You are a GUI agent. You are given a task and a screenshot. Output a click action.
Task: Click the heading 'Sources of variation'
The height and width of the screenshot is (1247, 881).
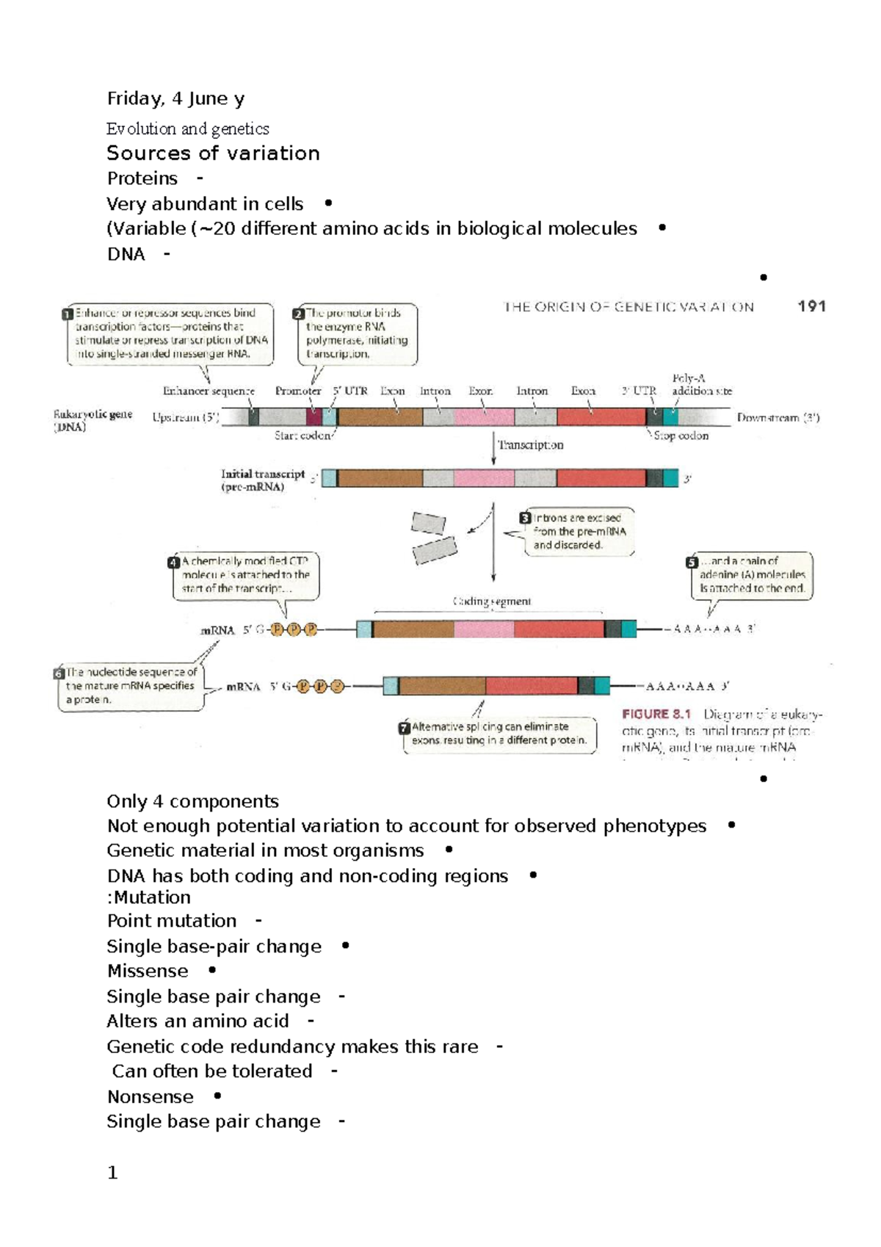213,153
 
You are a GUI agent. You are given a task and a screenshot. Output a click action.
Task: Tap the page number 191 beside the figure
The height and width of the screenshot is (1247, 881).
811,306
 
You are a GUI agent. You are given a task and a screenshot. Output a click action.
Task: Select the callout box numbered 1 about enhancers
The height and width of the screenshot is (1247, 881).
170,333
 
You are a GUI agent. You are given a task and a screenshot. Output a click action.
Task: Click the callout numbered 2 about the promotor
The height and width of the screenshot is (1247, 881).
357,333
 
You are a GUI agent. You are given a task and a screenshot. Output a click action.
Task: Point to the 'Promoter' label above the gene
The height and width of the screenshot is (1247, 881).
298,391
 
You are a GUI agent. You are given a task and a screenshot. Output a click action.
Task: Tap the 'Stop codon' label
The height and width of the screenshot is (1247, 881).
681,435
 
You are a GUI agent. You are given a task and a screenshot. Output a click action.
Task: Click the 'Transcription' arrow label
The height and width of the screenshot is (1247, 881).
530,445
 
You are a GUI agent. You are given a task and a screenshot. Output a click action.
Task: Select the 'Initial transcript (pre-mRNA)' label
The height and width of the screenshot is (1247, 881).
262,480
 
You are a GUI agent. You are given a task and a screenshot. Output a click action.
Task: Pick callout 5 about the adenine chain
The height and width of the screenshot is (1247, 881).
751,575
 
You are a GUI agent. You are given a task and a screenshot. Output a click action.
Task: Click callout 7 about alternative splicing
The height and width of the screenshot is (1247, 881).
499,734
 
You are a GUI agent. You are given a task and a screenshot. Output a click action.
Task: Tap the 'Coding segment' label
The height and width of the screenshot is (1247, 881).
492,601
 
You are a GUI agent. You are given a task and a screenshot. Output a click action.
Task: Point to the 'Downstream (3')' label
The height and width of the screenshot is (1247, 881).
777,418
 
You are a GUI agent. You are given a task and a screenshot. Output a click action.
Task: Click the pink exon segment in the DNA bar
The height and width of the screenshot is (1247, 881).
484,417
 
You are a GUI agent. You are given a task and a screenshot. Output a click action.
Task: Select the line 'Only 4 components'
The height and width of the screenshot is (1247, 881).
192,801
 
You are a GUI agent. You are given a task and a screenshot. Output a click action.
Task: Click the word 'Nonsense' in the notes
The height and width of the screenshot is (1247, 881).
151,1096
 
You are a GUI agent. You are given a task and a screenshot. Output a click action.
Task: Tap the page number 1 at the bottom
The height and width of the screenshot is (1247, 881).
112,1173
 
